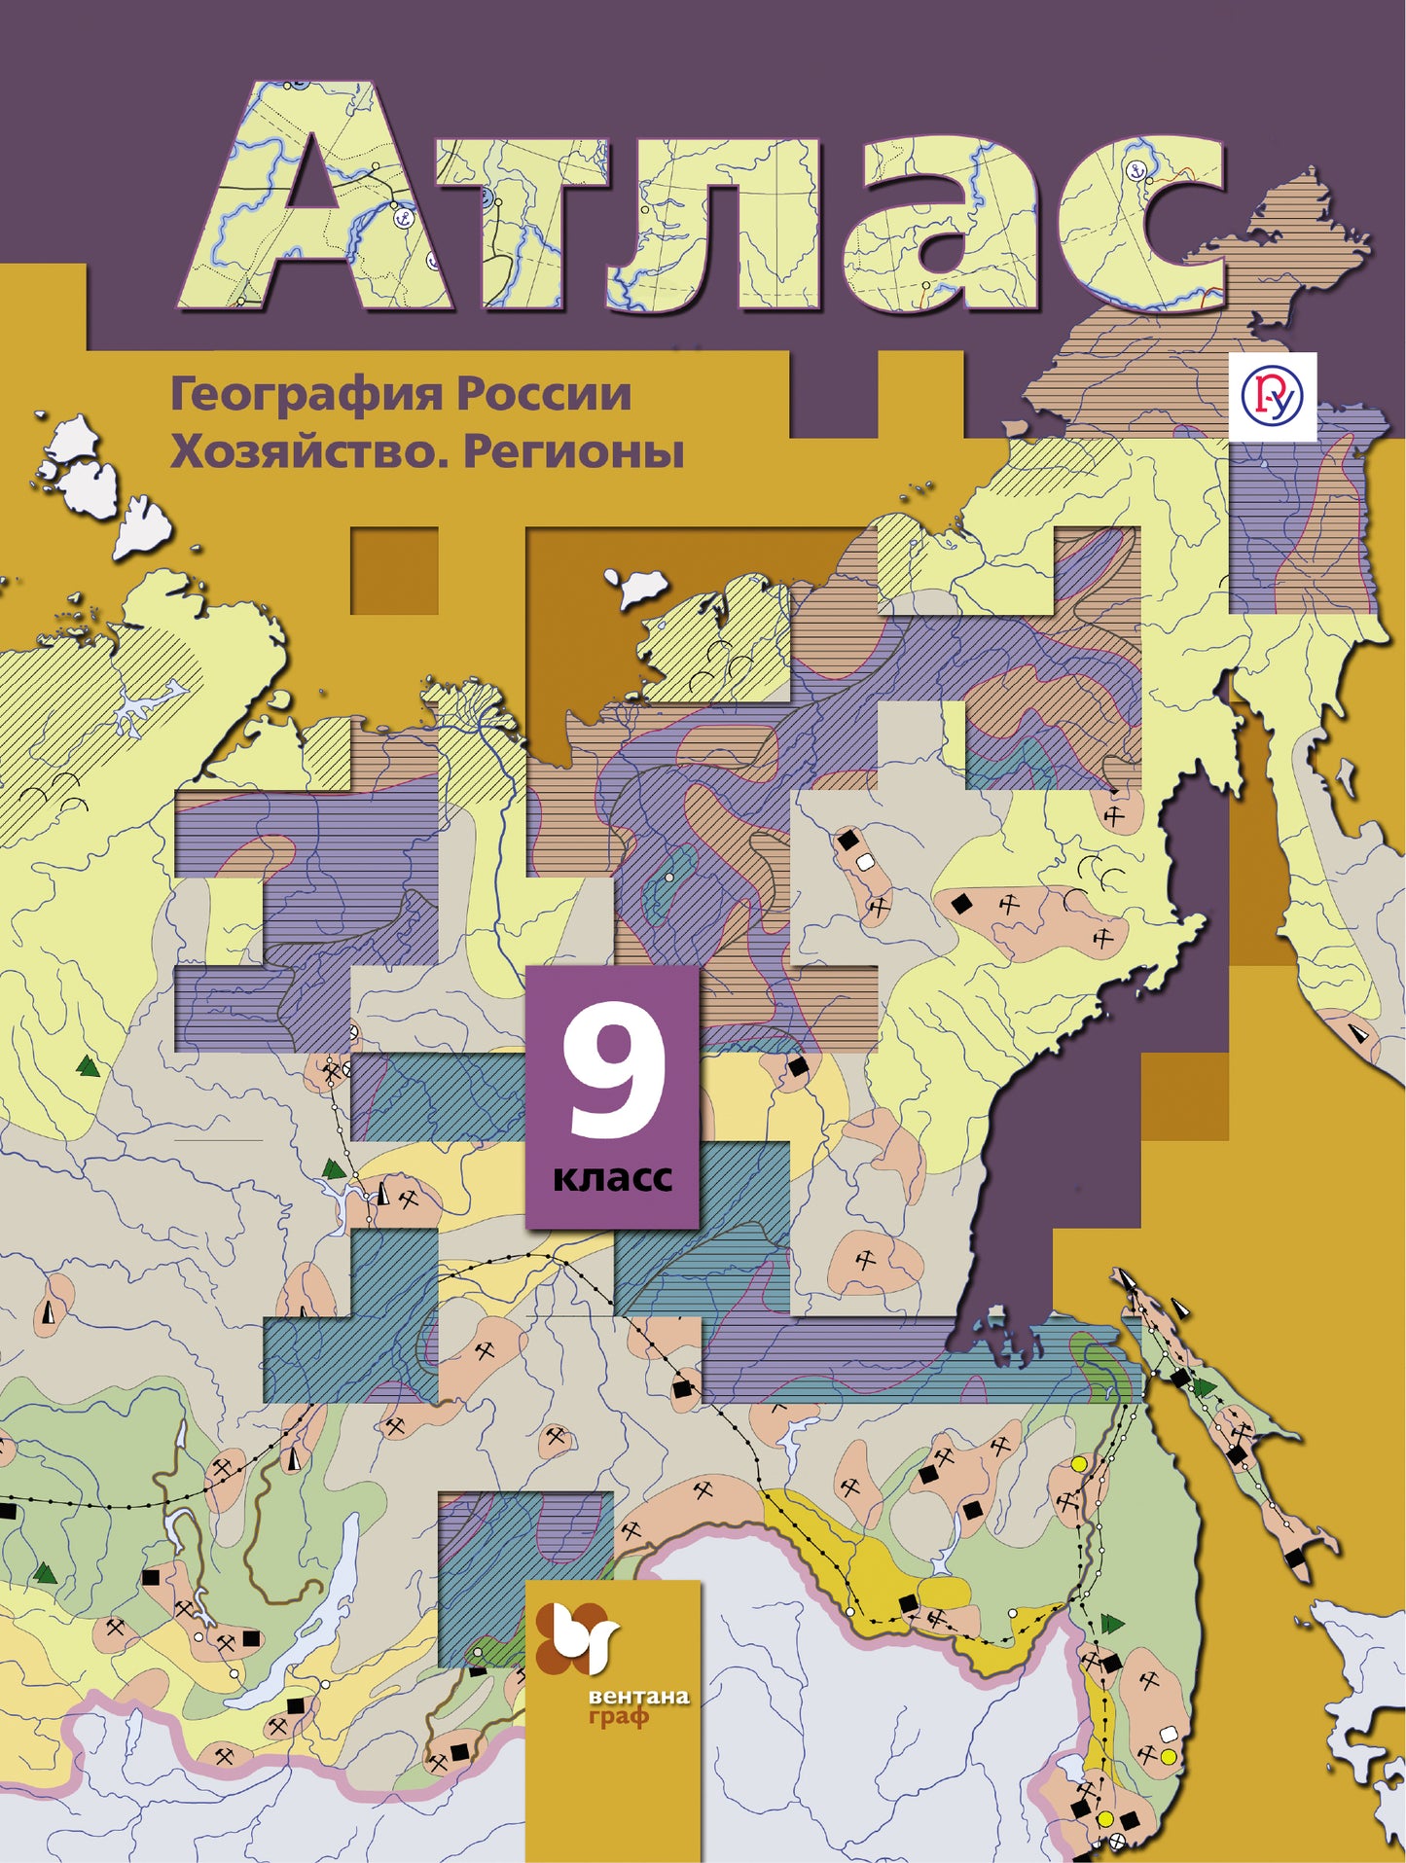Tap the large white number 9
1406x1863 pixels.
(x=614, y=1081)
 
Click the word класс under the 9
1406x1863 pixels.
(x=613, y=1178)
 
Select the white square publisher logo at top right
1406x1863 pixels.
(x=1273, y=396)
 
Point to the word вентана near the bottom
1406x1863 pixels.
(x=638, y=1698)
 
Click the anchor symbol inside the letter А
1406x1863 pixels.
(x=401, y=218)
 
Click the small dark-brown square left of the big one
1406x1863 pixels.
(x=393, y=570)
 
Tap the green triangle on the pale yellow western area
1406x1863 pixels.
(x=89, y=1066)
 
